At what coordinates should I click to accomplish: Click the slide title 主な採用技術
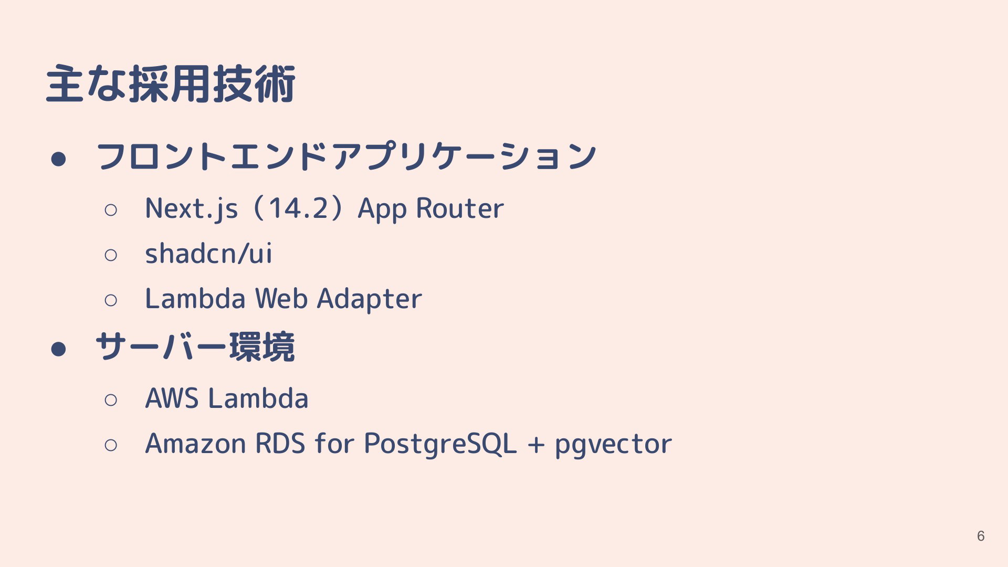coord(171,84)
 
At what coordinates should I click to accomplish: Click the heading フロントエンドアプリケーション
coord(346,156)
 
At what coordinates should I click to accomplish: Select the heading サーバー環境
coord(195,347)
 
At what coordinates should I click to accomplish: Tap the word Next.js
coord(192,208)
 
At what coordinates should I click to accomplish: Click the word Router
coord(460,208)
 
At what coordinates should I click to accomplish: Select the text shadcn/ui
coord(208,253)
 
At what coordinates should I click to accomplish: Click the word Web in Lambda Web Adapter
coord(281,298)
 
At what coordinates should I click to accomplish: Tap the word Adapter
coord(370,299)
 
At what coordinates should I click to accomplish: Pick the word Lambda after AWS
coord(258,398)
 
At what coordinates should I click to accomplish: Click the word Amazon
coord(195,444)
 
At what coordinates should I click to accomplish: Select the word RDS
coord(280,444)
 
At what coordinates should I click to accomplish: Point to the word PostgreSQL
coord(440,444)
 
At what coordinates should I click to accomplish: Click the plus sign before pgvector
coord(536,444)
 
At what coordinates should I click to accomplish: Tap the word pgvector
coord(613,445)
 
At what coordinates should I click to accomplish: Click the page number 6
coord(981,535)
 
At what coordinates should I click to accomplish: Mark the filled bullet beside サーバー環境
coord(58,349)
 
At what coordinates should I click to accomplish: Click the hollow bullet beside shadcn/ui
coord(111,255)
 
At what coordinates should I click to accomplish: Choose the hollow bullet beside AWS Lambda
coord(111,400)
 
